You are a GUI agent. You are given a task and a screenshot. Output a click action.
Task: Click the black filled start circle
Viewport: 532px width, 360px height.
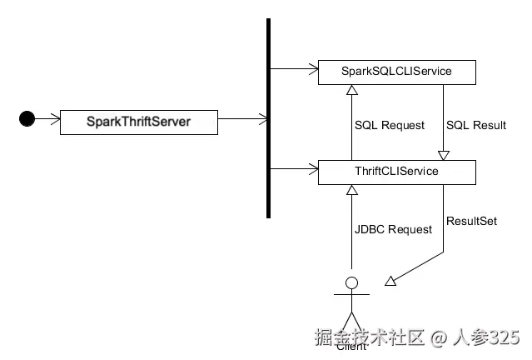click(x=27, y=119)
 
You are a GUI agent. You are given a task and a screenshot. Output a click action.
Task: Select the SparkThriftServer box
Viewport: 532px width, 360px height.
click(x=138, y=122)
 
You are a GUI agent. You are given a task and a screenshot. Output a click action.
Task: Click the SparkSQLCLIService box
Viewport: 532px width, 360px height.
click(x=396, y=72)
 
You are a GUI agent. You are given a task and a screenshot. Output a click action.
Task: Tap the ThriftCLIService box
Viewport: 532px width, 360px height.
click(x=396, y=172)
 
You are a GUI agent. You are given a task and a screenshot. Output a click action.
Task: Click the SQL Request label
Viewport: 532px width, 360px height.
click(x=390, y=125)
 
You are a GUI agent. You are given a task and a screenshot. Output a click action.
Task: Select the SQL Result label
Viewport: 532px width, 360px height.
click(x=476, y=125)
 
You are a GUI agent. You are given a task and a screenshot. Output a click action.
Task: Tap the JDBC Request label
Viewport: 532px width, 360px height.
click(x=394, y=229)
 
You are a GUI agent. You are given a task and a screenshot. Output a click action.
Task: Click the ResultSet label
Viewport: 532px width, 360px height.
click(x=472, y=222)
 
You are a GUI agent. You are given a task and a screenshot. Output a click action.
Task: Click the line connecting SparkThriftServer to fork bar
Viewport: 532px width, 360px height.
click(x=241, y=119)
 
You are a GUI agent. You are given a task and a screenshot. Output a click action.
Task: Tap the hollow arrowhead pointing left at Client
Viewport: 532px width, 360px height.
click(x=390, y=282)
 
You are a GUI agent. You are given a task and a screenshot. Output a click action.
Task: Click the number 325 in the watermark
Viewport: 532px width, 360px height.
click(x=503, y=337)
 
